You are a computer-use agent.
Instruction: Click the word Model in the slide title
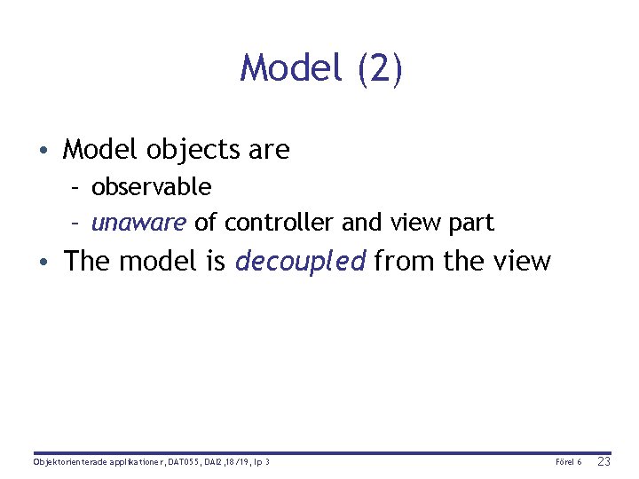pos(292,68)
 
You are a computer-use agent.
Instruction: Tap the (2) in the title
pos(380,68)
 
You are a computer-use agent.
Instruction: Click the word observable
pos(151,187)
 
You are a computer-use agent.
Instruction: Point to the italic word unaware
pos(138,222)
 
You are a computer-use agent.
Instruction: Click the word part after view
pos(470,222)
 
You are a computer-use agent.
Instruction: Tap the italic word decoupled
pos(300,262)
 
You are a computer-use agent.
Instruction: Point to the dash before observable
pos(77,188)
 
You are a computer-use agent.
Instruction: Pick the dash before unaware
pos(77,223)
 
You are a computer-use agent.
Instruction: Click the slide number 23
pos(604,462)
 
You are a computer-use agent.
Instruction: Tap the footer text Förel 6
pos(568,462)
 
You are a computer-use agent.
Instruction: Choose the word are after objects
pos(269,150)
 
